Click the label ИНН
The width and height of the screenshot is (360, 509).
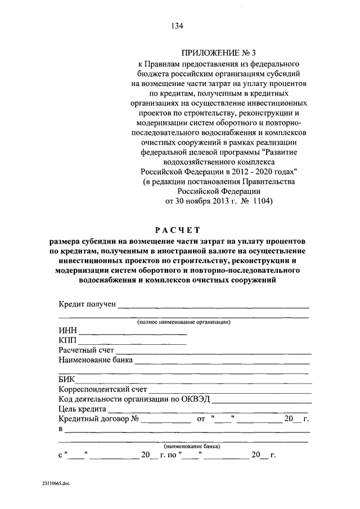[x=67, y=331]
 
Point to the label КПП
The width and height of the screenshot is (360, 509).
[x=67, y=341]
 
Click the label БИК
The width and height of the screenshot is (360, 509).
[x=67, y=379]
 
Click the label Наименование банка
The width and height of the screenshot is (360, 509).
[x=96, y=361]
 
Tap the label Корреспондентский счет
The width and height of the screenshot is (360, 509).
[x=102, y=389]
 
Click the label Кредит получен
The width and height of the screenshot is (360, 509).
[x=87, y=304]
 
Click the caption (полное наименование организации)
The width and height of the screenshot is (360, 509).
[x=184, y=322]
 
